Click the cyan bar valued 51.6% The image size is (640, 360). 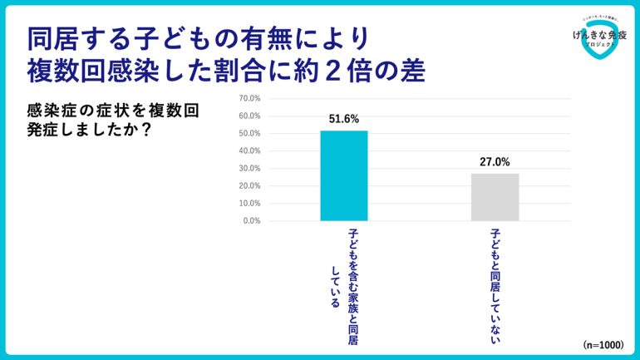[343, 175]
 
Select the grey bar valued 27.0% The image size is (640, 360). [495, 197]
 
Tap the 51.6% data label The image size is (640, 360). [343, 120]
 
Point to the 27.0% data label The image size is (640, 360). [495, 162]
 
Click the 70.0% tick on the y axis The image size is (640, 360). [249, 98]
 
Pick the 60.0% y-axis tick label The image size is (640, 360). [249, 116]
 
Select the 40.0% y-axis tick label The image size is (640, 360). [249, 150]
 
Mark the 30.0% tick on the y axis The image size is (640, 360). [249, 168]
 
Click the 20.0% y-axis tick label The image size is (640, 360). [249, 185]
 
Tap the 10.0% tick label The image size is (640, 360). [249, 203]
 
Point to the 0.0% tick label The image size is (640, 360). [251, 220]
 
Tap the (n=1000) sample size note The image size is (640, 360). [603, 344]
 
